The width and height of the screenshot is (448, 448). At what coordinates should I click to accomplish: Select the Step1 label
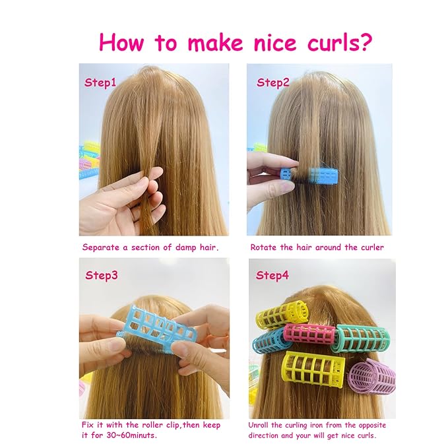(100, 83)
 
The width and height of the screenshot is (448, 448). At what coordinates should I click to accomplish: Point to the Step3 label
(101, 275)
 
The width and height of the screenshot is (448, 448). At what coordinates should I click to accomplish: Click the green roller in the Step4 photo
(362, 338)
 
